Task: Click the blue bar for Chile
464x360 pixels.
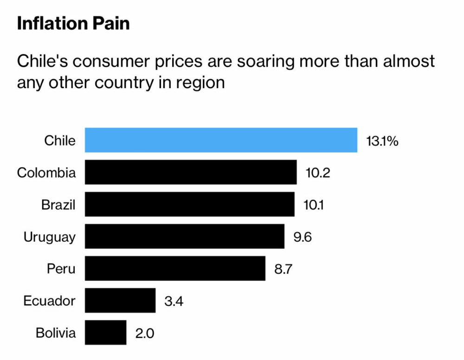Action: (221, 140)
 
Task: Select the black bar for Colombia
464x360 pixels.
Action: (191, 173)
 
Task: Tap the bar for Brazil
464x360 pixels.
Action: (189, 205)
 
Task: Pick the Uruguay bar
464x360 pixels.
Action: (184, 237)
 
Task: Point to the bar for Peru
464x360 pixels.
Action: (175, 269)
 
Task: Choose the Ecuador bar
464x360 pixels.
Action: (120, 301)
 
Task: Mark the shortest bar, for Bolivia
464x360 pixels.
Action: (105, 333)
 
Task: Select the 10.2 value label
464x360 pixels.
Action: (318, 173)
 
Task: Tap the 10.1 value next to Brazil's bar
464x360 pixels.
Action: (315, 205)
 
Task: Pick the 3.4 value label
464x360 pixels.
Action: (174, 301)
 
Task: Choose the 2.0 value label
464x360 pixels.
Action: (145, 333)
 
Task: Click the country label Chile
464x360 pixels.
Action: (60, 140)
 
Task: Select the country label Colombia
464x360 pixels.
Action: (46, 173)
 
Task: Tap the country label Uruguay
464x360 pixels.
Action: (50, 237)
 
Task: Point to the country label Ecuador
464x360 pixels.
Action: (50, 301)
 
